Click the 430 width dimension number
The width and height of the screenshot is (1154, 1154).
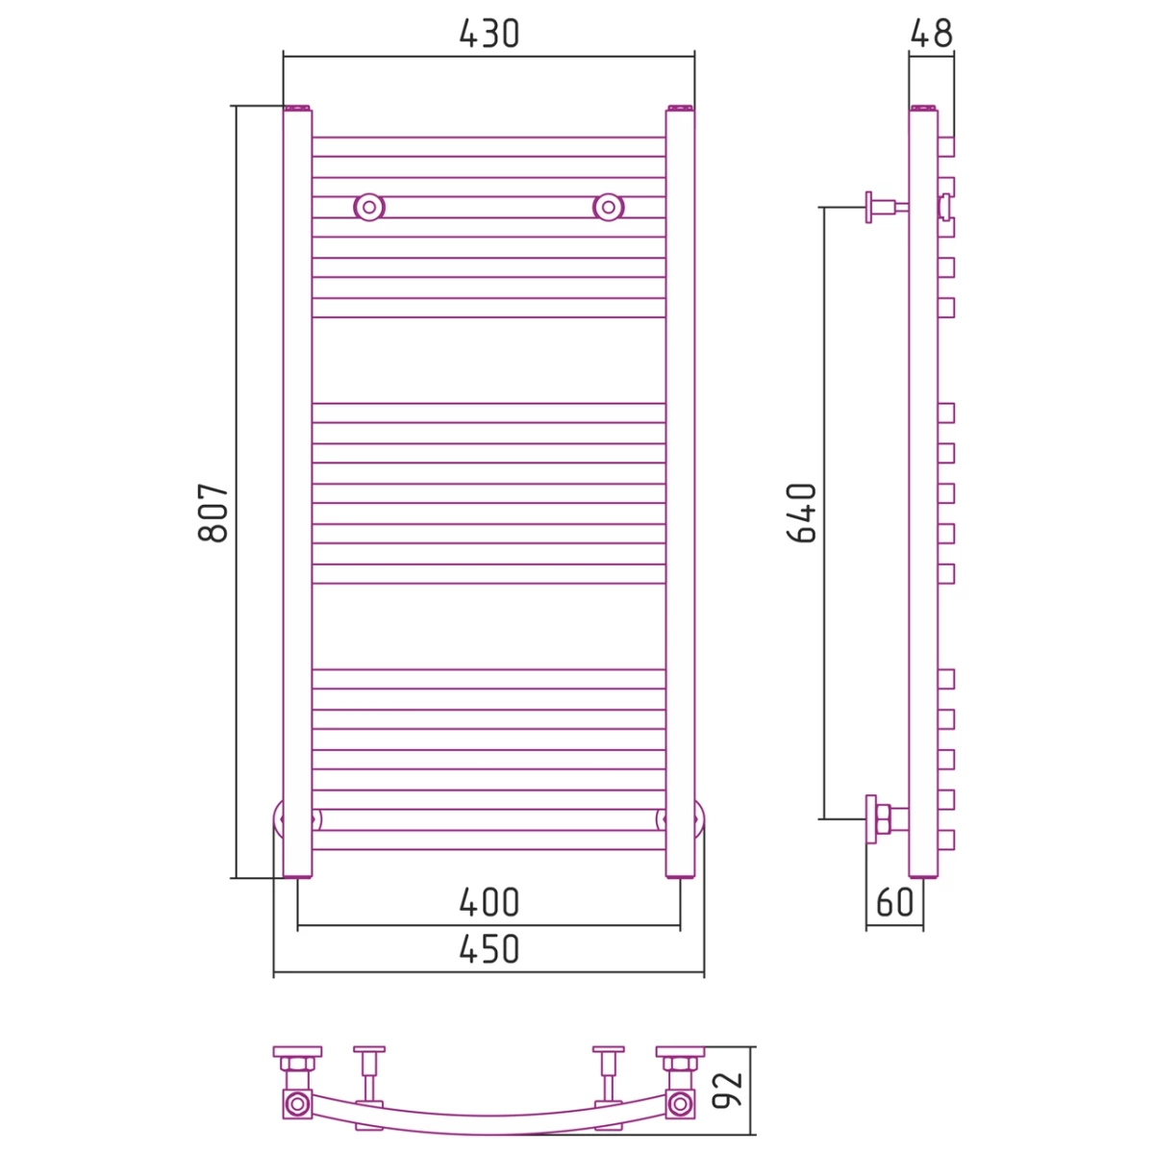(489, 34)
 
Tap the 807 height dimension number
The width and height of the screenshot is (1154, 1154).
(213, 513)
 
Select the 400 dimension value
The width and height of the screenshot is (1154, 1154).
(489, 902)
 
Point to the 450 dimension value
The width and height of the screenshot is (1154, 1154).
(489, 949)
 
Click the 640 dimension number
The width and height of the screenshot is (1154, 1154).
(801, 513)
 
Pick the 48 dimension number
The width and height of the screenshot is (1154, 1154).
(931, 34)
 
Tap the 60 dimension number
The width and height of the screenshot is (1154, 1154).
(894, 902)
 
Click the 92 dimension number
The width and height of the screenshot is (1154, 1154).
(727, 1091)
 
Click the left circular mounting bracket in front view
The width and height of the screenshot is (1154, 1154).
(369, 207)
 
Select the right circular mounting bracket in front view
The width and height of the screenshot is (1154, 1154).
(609, 207)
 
